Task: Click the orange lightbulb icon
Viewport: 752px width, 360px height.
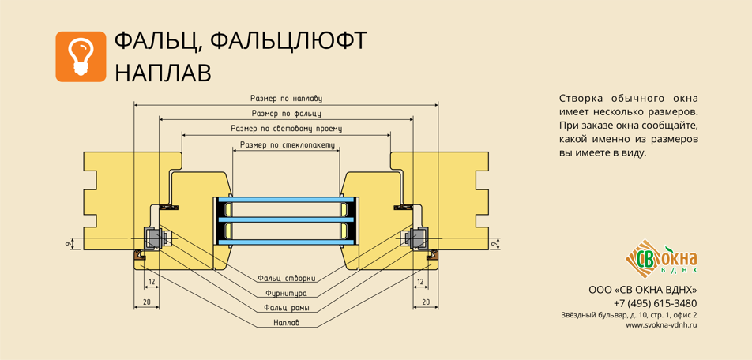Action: point(81,57)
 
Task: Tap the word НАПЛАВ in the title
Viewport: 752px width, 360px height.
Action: point(163,73)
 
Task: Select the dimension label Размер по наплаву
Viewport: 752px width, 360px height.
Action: point(286,99)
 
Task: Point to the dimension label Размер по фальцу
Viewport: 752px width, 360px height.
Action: point(286,114)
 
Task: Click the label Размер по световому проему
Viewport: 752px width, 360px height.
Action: point(286,129)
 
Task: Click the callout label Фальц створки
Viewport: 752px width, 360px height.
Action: point(286,278)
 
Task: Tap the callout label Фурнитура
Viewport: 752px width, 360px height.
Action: point(286,293)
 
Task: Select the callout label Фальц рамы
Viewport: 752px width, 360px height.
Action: point(286,308)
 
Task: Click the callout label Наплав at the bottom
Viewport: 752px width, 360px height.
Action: point(286,323)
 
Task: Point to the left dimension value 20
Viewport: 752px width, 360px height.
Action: point(146,302)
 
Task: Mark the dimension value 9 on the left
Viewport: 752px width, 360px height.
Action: point(68,245)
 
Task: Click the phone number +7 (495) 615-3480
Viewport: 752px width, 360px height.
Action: point(655,303)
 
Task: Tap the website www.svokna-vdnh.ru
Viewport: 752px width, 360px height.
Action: point(661,324)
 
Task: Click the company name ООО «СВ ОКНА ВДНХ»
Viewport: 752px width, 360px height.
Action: point(642,290)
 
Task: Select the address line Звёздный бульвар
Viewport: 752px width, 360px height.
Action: point(629,315)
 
